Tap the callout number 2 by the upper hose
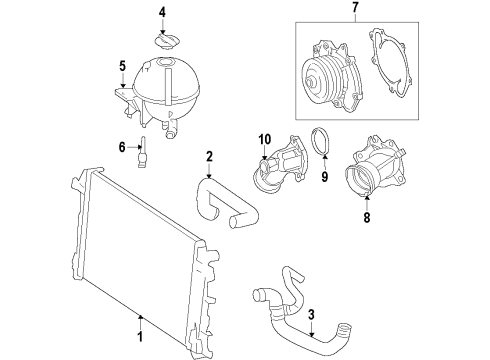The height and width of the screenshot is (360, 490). coord(209,156)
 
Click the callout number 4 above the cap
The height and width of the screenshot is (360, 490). coord(162,12)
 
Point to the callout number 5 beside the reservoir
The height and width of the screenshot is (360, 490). coord(123,67)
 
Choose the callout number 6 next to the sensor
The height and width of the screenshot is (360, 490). coord(122,147)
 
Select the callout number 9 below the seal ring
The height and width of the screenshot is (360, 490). coord(323,177)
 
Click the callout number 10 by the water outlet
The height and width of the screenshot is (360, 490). coord(265,138)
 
